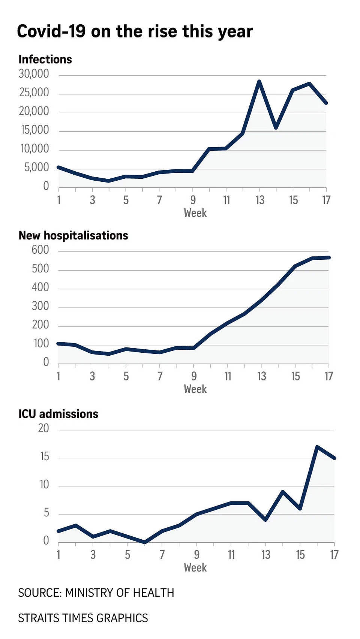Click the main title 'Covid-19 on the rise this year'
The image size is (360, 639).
135,31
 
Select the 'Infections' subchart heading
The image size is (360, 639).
45,59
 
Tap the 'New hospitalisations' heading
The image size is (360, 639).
73,235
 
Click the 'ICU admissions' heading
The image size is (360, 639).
58,414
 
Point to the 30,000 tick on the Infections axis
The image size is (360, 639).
34,74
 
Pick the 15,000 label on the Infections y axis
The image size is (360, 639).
35,130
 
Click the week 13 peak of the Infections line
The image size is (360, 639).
259,81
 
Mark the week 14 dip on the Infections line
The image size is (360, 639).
276,128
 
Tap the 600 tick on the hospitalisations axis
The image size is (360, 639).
40,250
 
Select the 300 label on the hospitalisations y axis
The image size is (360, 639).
40,306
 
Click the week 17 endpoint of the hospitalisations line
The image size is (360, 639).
329,257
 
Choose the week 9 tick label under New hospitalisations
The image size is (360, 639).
194,376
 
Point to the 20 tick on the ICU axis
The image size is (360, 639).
43,428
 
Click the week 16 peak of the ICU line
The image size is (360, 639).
317,447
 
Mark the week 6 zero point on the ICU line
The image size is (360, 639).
145,542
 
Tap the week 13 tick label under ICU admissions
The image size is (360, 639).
265,555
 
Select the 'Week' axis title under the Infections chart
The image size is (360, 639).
195,213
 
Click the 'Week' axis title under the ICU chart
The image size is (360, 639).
195,568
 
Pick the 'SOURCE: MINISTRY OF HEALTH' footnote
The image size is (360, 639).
96,593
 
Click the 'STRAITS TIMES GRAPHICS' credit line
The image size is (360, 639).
83,618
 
